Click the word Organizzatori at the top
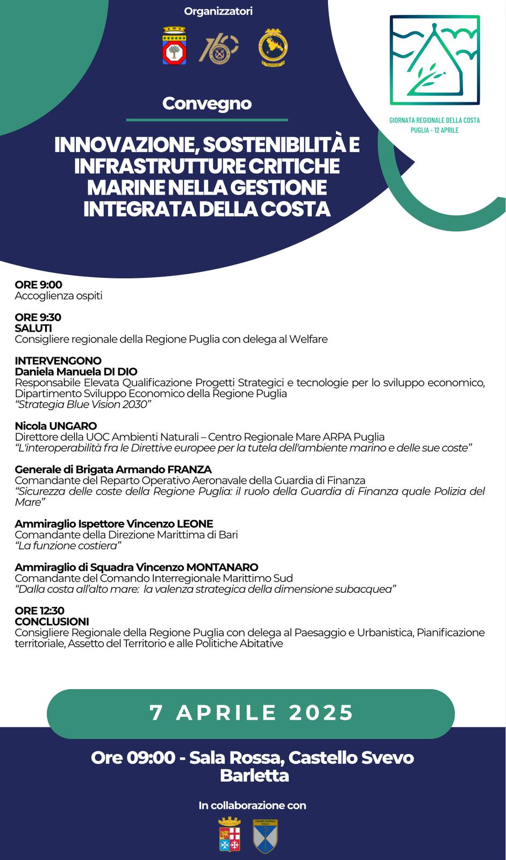218,11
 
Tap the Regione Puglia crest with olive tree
174,46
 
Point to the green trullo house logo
434,60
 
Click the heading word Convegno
207,103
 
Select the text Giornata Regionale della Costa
434,120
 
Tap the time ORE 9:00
39,285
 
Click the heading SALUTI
33,328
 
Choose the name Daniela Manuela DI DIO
76,371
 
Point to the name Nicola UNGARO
56,426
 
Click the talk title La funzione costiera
68,546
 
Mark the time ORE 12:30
40,611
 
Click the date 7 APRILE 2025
251,713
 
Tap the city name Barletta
254,776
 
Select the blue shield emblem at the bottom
266,836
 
